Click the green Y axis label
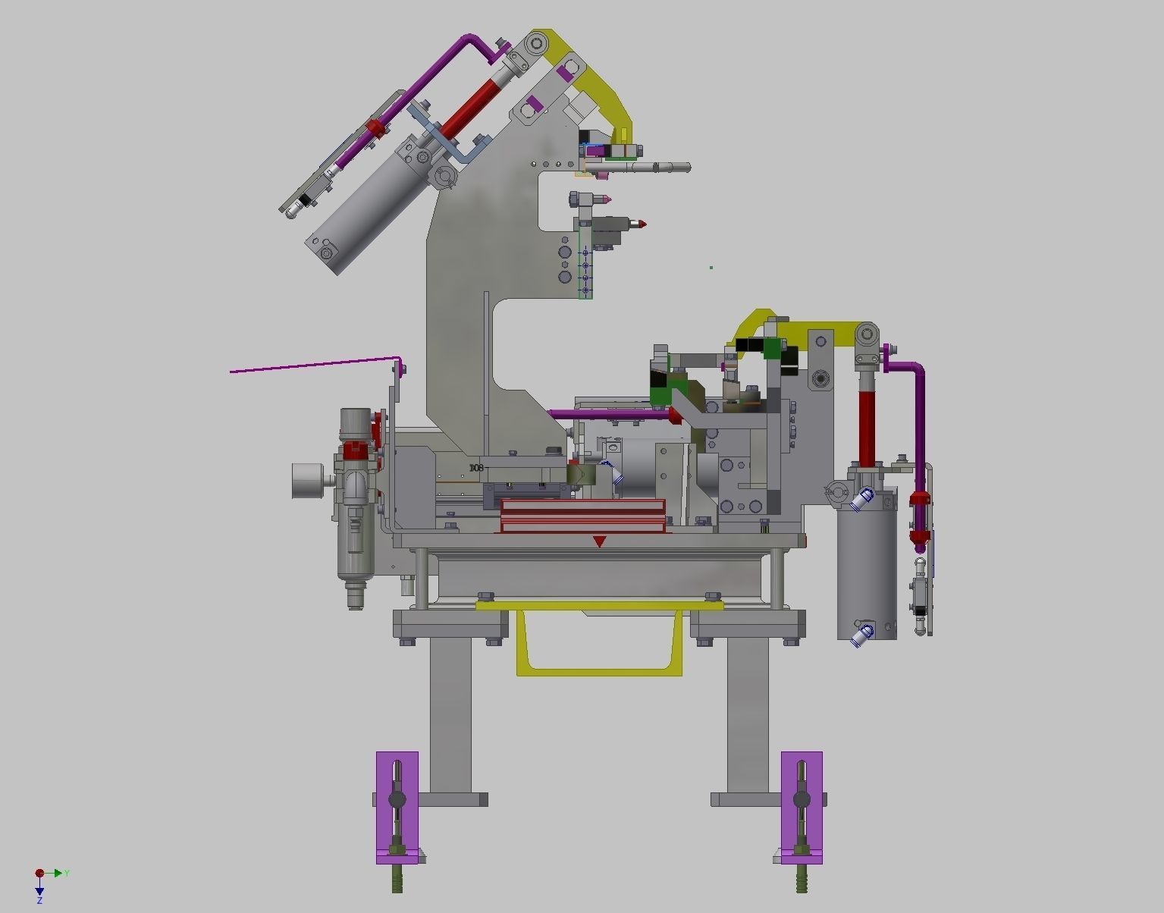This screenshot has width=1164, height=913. (67, 874)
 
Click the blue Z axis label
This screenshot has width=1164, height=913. (39, 900)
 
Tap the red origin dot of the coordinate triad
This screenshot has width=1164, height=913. (39, 874)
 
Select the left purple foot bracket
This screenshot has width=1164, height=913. (397, 807)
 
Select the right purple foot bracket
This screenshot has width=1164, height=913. (802, 807)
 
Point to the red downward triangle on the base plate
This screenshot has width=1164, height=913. (599, 541)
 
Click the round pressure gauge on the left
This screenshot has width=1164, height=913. (308, 481)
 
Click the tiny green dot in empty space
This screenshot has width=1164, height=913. (711, 267)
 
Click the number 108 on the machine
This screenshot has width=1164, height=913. (476, 468)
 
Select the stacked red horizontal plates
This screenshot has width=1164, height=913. (582, 516)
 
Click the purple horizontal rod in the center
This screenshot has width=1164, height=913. (607, 414)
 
